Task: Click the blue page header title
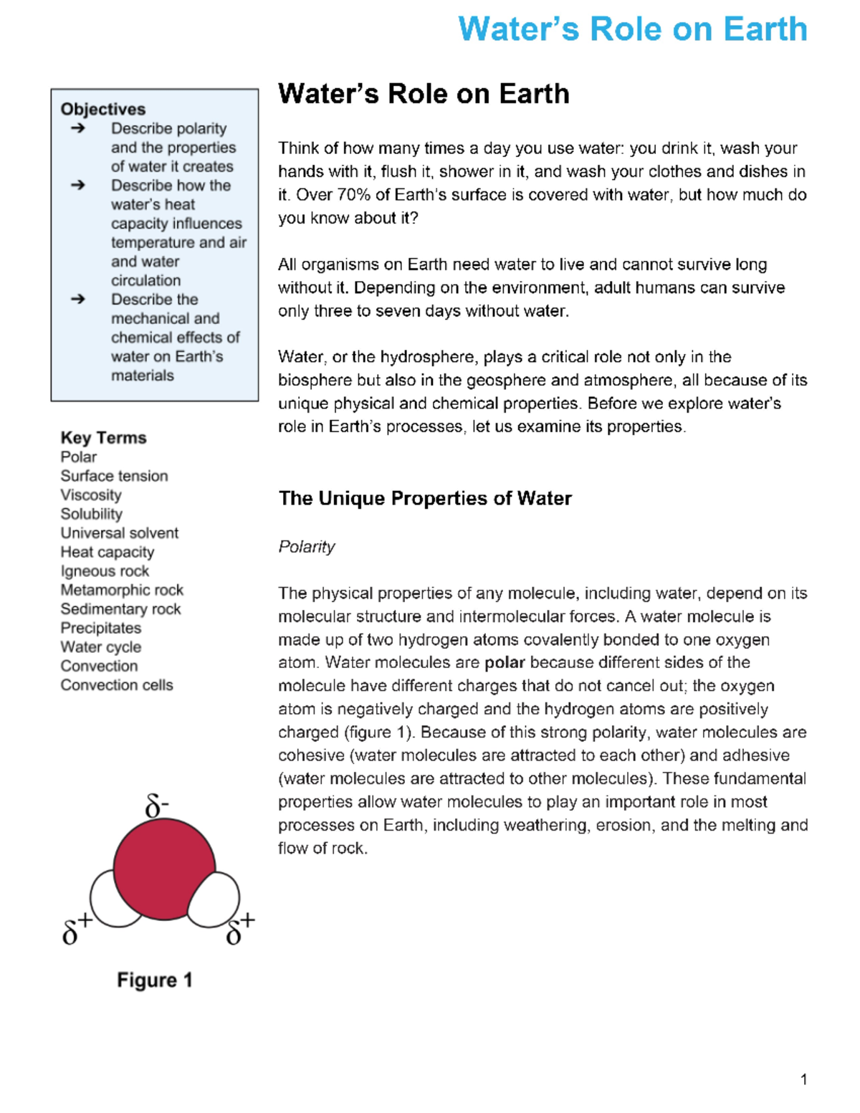point(632,30)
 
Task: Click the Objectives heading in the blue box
point(103,109)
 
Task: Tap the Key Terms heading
point(103,437)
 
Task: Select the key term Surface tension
point(114,476)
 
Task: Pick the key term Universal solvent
point(119,533)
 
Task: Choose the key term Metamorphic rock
point(122,590)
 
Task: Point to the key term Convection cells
point(117,685)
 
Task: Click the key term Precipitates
point(101,628)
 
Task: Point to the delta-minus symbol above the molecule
point(156,806)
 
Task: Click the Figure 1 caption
point(155,980)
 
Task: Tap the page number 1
point(803,1079)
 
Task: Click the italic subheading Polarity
point(306,547)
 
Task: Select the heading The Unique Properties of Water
point(425,498)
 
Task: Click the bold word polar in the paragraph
point(505,662)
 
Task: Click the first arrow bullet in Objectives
point(77,128)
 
